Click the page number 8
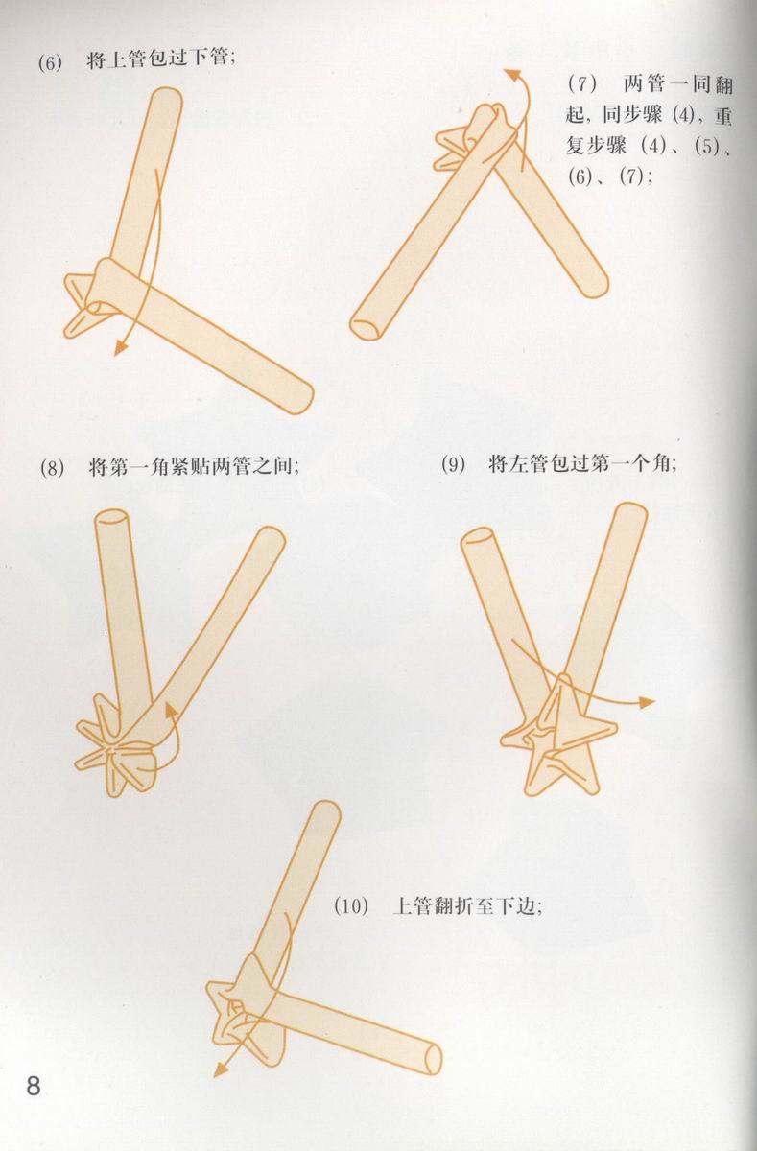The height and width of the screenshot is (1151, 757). (34, 1087)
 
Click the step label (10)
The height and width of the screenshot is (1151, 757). (351, 906)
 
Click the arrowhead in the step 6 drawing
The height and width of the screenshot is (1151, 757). (120, 349)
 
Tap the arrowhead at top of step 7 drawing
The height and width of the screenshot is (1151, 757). (513, 74)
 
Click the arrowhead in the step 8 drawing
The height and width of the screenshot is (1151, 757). (169, 709)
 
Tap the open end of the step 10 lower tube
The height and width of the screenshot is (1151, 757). (432, 1058)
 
